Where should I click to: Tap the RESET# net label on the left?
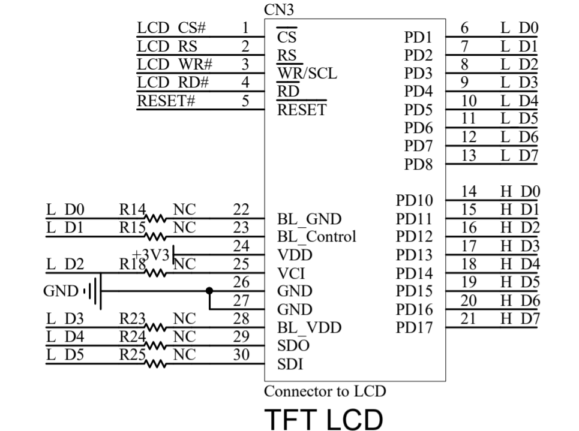click(166, 101)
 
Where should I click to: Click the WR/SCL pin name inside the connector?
click(307, 74)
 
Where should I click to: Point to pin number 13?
click(469, 155)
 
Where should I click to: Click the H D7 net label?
click(520, 319)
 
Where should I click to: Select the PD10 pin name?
click(415, 200)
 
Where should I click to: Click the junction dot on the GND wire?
click(209, 291)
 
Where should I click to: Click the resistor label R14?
click(132, 209)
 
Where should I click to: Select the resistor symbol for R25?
click(158, 363)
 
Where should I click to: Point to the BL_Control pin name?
click(316, 236)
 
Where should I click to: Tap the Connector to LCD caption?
click(325, 391)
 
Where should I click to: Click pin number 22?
click(241, 209)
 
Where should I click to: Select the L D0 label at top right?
click(520, 28)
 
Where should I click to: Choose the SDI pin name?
click(290, 364)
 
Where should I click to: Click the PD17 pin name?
click(415, 327)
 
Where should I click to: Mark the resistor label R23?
click(132, 318)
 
